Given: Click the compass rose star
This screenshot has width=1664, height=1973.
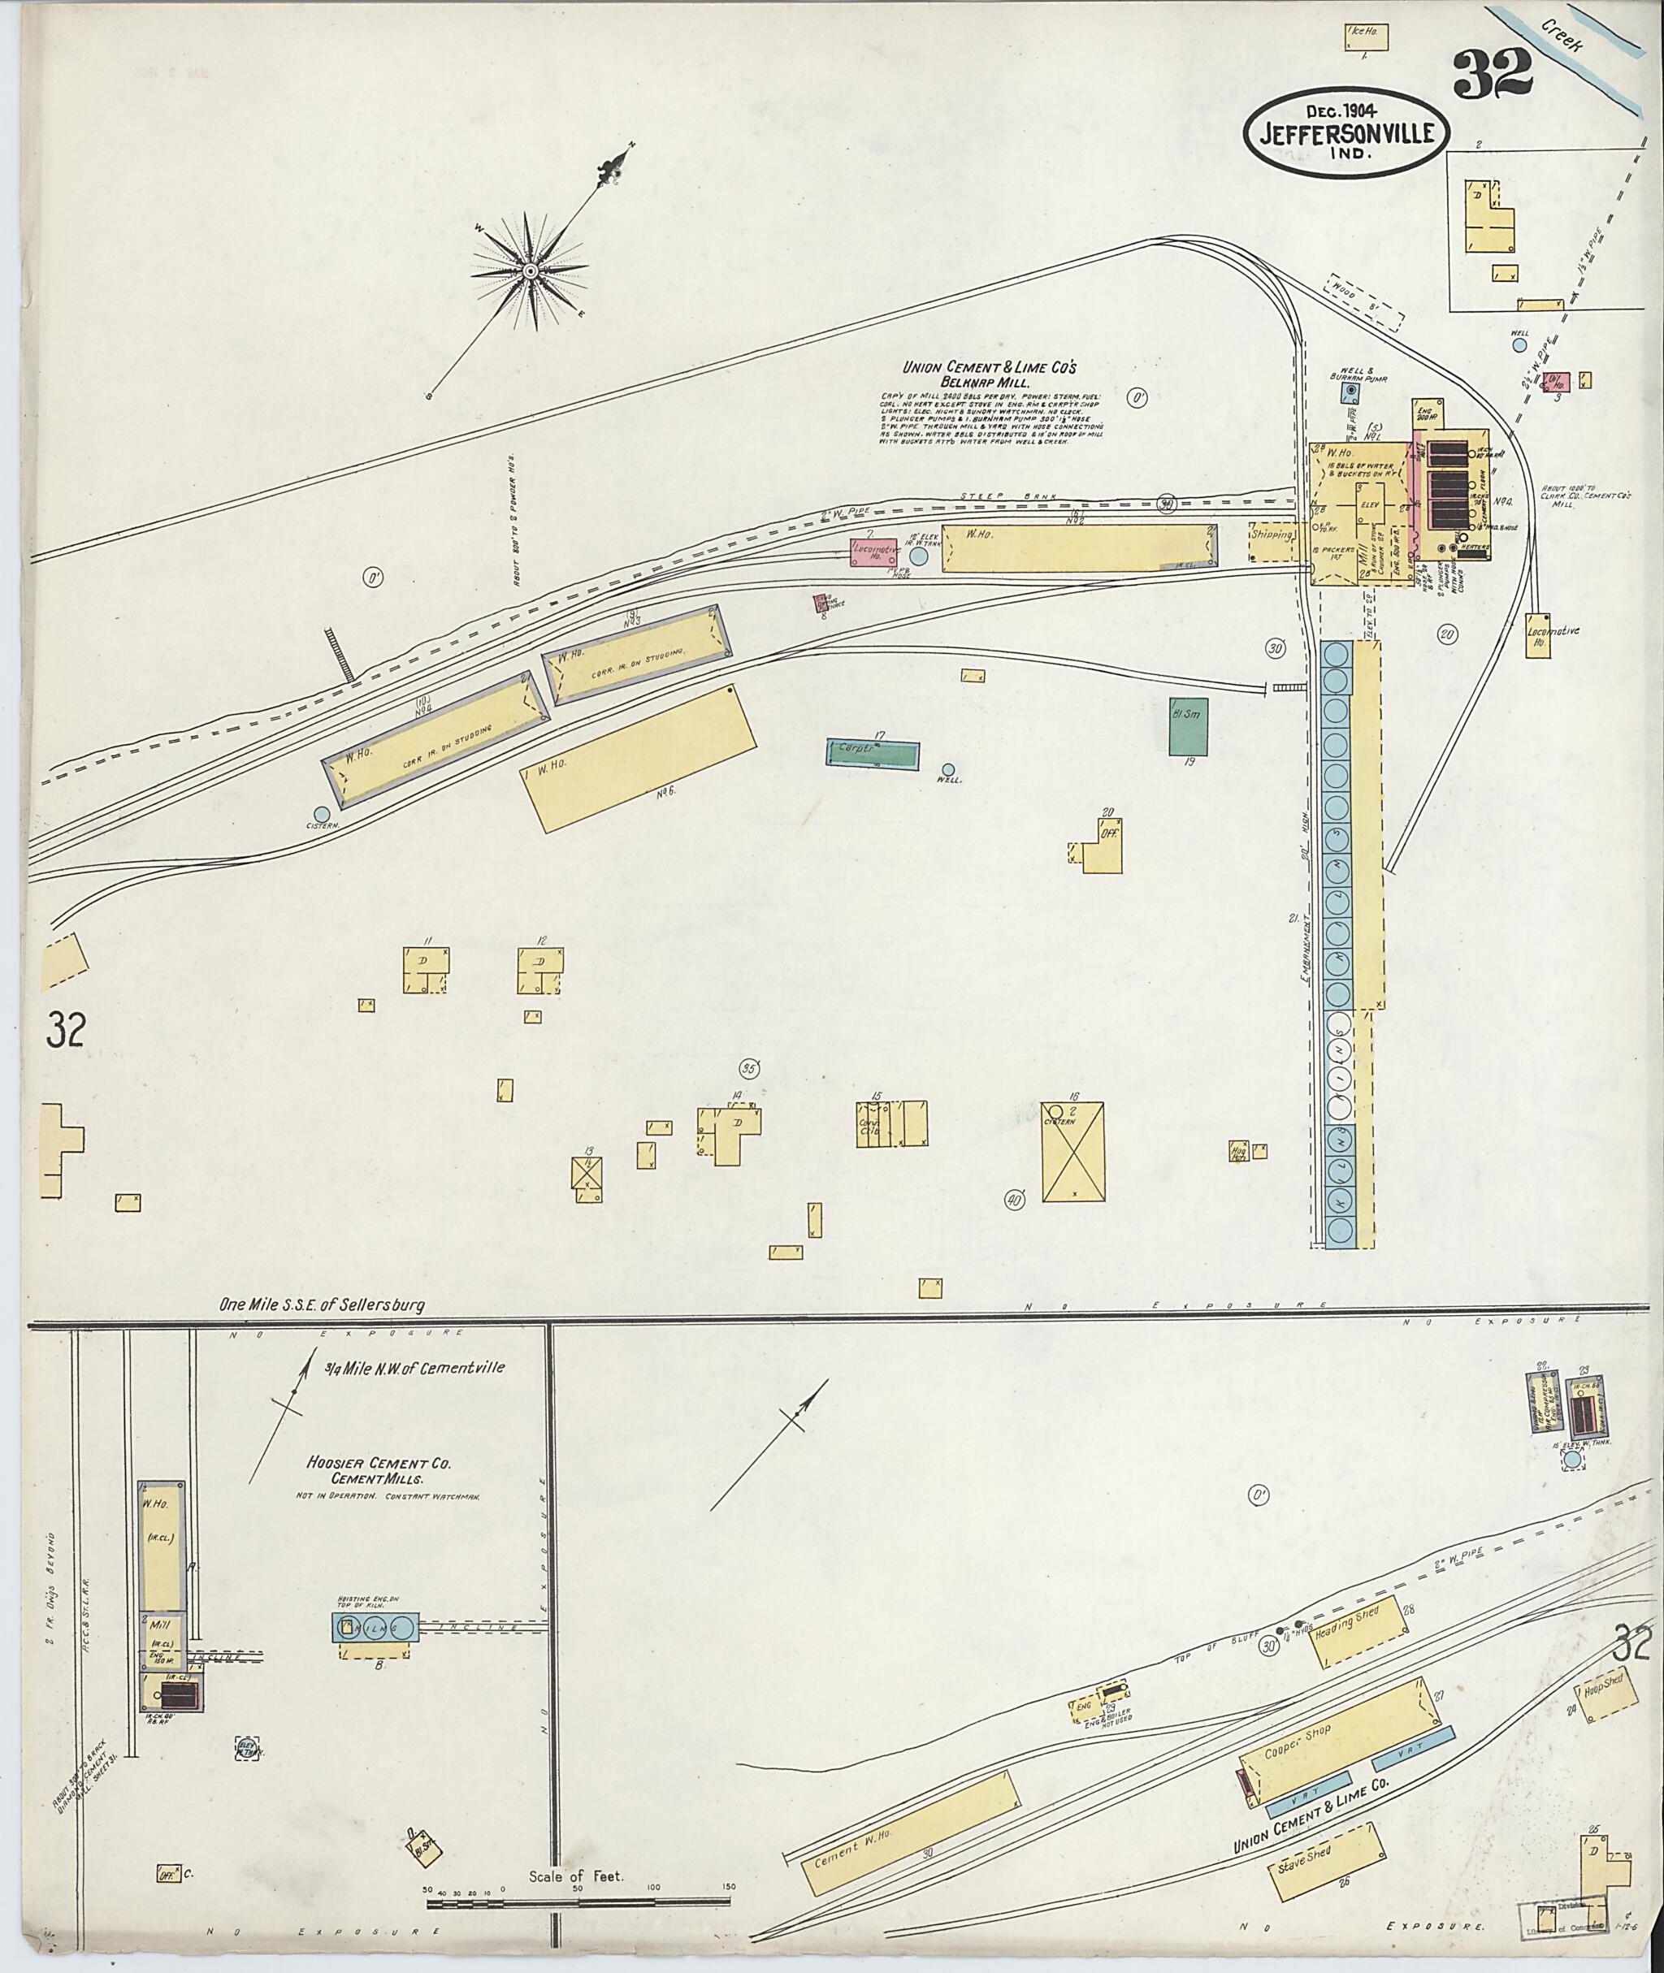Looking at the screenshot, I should (530, 271).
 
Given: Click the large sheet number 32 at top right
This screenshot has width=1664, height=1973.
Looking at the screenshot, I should (1492, 76).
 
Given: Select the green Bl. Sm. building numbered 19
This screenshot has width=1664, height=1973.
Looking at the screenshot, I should (1189, 726).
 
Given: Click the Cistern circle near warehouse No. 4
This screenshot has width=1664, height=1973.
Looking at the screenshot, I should (322, 814).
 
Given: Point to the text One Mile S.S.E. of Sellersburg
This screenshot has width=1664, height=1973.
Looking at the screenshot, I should (322, 1306).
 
